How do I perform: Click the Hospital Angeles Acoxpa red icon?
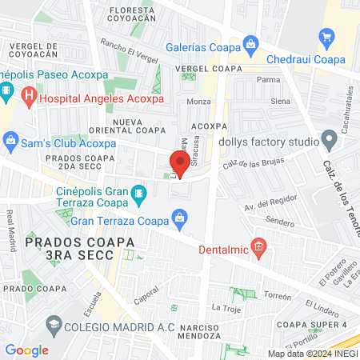(30, 98)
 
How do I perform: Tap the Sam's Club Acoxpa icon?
(11, 142)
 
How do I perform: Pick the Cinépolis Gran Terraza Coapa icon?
(140, 193)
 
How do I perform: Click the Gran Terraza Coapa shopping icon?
(180, 217)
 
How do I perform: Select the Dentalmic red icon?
(258, 246)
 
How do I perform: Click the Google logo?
(26, 350)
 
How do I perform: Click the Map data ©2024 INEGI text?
(312, 353)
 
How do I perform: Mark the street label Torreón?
(278, 294)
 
